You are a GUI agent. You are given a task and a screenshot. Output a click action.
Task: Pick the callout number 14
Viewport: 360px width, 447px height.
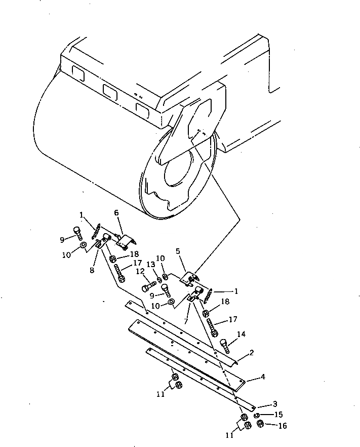242,334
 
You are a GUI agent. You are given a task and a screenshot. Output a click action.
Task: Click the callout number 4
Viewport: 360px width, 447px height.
263,377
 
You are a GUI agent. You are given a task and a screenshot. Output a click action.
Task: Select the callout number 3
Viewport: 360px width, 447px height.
274,403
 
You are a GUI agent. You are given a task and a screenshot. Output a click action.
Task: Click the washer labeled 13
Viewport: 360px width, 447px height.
159,279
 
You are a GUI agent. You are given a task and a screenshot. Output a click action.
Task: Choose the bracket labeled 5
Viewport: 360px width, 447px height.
189,278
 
